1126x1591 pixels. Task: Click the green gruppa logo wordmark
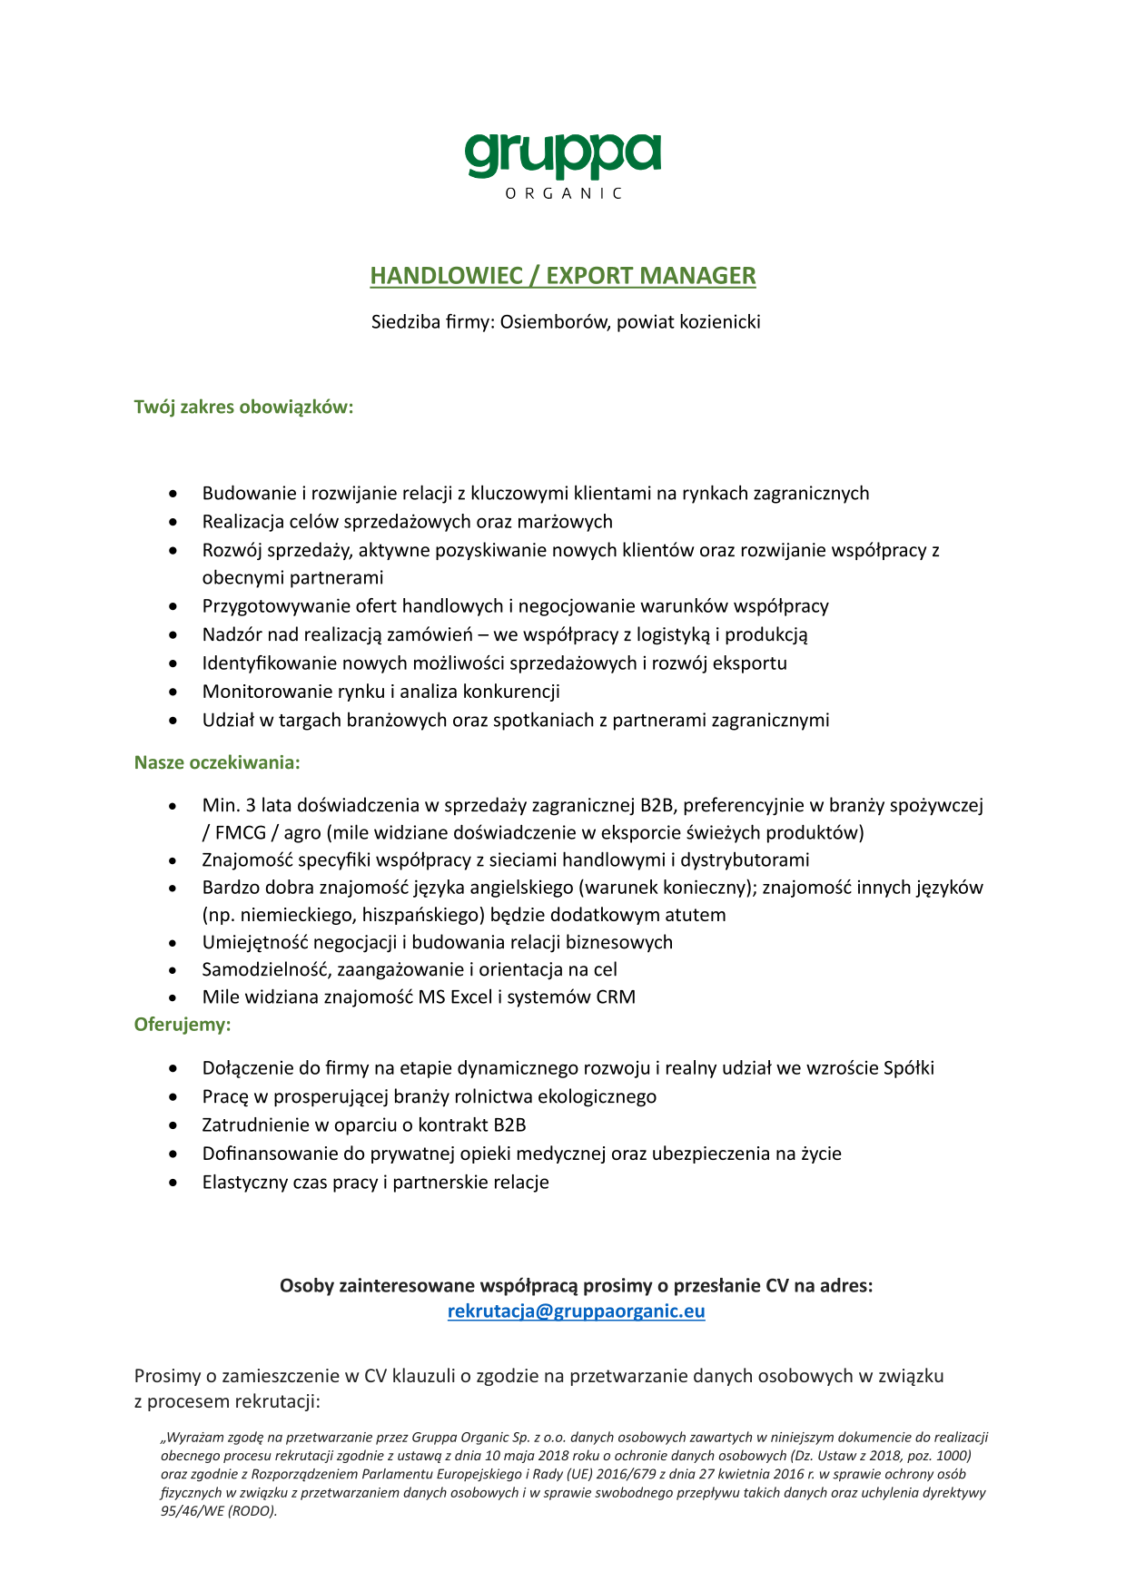562,156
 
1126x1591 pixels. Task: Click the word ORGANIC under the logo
563,193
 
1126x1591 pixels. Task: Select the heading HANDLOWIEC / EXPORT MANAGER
562,276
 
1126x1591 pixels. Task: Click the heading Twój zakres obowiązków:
243,407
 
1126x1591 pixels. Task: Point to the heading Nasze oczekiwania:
217,762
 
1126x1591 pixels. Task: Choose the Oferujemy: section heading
183,1025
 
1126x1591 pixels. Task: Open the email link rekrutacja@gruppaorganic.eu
576,1311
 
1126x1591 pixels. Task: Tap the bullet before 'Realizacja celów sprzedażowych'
173,522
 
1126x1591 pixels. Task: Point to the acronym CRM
616,997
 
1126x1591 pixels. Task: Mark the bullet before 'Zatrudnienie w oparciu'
173,1125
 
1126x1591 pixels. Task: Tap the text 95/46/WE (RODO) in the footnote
218,1511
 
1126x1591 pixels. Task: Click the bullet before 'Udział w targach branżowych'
173,721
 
